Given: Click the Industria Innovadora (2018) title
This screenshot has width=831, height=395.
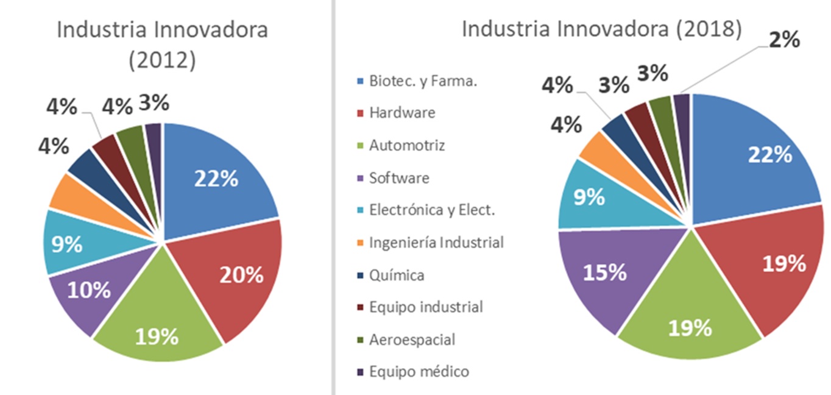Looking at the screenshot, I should (601, 29).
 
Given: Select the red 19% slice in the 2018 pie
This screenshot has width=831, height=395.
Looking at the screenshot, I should (774, 268).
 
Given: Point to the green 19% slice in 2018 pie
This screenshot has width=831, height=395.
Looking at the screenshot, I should (688, 323).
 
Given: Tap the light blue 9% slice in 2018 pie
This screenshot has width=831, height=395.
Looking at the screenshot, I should (588, 198).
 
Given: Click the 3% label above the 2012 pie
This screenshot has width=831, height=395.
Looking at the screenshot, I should (154, 103).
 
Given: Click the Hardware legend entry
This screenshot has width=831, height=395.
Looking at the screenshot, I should (401, 113).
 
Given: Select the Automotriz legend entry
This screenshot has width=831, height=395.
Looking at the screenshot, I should (406, 145).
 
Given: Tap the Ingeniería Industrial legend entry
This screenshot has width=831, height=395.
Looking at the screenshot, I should (436, 243).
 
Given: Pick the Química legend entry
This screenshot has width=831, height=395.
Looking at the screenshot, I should (396, 275).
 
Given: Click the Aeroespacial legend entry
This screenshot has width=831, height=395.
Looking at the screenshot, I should (411, 339).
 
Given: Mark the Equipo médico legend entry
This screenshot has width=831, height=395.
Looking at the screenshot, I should (419, 371).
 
